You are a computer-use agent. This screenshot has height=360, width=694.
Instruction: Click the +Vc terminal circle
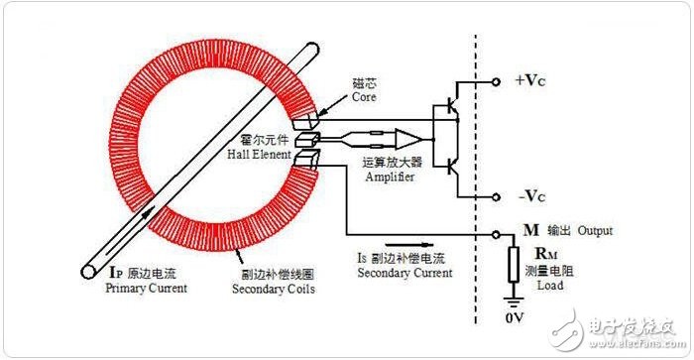coord(496,82)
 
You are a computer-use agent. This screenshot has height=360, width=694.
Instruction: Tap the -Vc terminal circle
coord(496,197)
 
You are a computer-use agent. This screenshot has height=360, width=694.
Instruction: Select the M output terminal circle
coord(496,235)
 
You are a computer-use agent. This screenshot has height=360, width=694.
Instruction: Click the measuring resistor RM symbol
coord(514,265)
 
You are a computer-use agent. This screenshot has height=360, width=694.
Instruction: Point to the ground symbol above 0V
coord(514,302)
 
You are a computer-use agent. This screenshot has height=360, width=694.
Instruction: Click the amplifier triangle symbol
coord(408,140)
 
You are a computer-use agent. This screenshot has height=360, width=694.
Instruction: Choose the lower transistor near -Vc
coord(450,167)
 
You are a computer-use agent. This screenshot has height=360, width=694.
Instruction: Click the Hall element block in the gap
coord(306,140)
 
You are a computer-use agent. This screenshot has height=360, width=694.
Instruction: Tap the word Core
coord(364,97)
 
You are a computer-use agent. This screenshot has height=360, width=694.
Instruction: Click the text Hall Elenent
coord(259,155)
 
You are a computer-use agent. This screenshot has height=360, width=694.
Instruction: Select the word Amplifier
coord(390,177)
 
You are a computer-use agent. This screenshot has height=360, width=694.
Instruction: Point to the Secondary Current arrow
coord(408,244)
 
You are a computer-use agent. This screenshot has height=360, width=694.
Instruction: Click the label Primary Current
coord(146,289)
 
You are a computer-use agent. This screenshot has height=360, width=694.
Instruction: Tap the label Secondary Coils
coord(274,290)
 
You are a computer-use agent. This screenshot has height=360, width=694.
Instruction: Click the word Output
coord(595,231)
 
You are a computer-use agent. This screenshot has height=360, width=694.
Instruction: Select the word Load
coord(550,286)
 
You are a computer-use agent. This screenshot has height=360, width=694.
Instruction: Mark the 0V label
coord(515,317)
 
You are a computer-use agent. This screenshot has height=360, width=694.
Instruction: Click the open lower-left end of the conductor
coord(88,272)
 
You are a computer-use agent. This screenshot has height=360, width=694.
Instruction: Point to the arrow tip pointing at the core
coord(318,114)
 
